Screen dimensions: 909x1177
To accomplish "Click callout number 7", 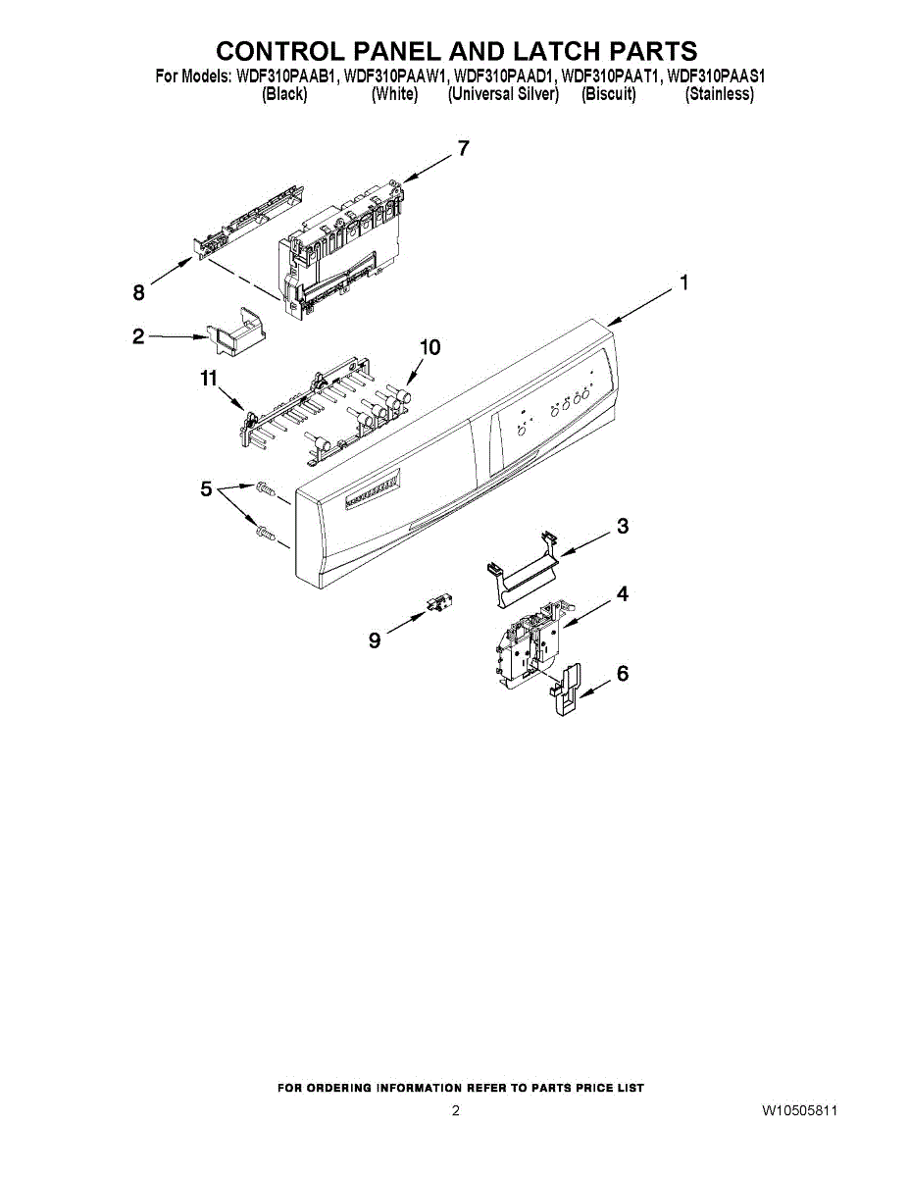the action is click(463, 149).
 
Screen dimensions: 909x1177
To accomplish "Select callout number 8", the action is click(138, 291).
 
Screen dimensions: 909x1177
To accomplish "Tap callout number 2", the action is click(138, 335).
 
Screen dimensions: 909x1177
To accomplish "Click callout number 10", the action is click(429, 347).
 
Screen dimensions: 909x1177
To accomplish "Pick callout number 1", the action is click(683, 283).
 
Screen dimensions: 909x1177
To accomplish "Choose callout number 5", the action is click(206, 488).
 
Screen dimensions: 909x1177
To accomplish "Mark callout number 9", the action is click(375, 640).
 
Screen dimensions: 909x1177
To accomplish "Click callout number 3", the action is click(623, 527).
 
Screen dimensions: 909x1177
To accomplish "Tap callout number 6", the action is click(623, 674).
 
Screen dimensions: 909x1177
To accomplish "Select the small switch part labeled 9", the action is click(437, 603).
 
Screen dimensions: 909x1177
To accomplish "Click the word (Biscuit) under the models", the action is click(608, 94).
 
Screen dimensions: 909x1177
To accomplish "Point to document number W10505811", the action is click(799, 1110).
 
